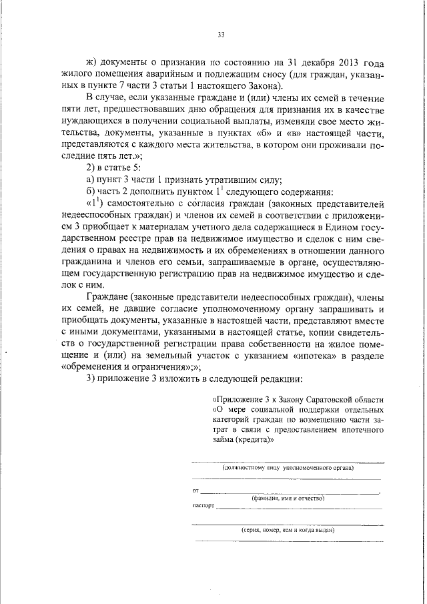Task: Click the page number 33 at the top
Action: click(x=221, y=35)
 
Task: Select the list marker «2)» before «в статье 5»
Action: click(x=93, y=167)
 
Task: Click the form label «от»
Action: click(x=195, y=492)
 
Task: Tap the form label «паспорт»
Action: click(x=203, y=506)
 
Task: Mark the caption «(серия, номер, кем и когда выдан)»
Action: click(x=287, y=530)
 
